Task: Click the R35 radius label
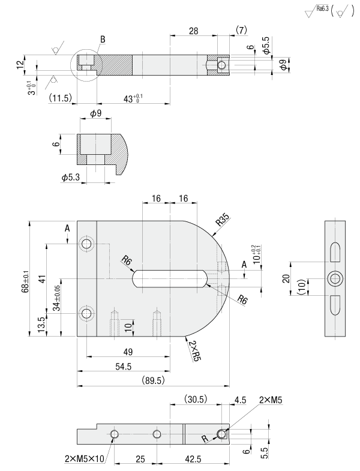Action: tap(223, 220)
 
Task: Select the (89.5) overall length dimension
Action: tap(154, 380)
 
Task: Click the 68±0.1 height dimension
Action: tap(26, 280)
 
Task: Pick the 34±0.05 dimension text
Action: tap(56, 298)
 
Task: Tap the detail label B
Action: tap(103, 40)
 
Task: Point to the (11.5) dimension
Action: tap(61, 97)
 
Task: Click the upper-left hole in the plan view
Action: tap(88, 244)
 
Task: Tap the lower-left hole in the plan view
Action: tap(88, 313)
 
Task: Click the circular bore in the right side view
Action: tap(335, 278)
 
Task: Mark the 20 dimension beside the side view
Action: tap(286, 278)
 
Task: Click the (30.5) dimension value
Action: tap(196, 400)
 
